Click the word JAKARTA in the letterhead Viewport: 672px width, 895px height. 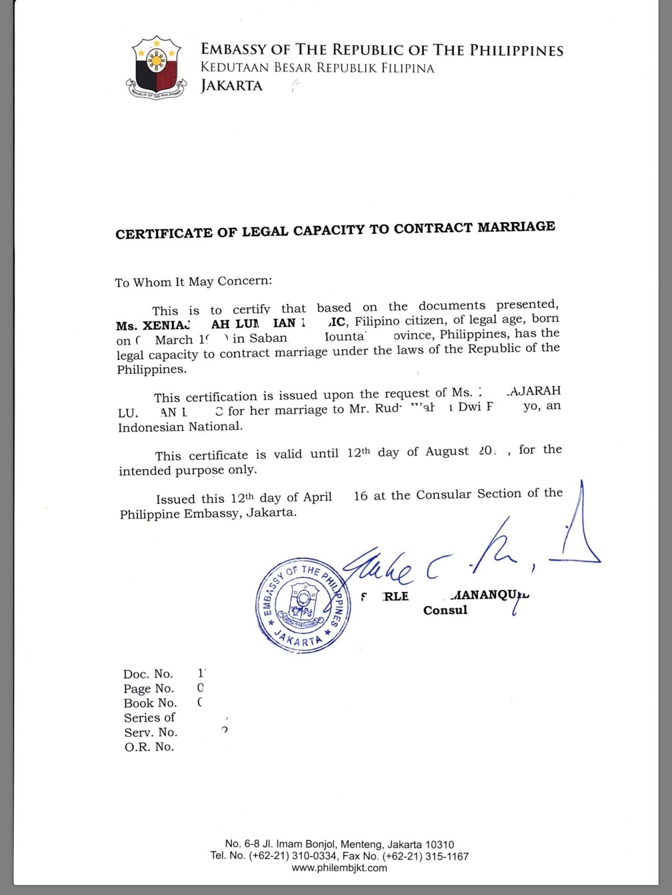231,86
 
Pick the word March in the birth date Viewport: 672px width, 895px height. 174,340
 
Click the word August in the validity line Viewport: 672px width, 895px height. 446,451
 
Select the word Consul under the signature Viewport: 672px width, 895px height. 445,610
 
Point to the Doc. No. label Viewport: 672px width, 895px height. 148,674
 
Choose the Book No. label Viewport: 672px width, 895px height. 150,703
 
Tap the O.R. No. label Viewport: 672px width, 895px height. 149,747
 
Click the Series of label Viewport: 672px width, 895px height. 150,718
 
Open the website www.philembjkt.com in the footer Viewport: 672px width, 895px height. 339,868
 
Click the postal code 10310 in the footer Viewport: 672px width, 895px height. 440,845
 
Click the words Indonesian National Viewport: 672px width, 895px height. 180,427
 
